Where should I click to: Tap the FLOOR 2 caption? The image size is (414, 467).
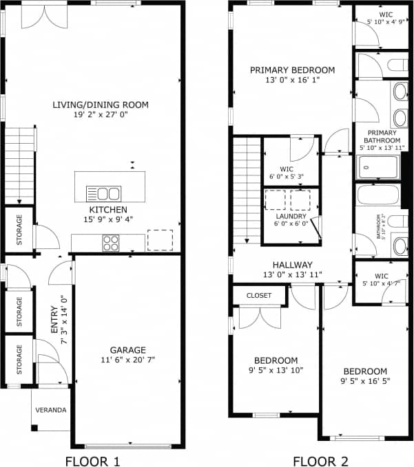(x=320, y=461)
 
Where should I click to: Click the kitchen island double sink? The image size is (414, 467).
(x=103, y=193)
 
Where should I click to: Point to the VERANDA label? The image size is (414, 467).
(x=52, y=411)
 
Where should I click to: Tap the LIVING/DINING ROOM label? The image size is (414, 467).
(x=101, y=105)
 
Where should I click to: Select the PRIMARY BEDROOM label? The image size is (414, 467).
(x=292, y=69)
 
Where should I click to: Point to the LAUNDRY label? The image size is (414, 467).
(x=291, y=217)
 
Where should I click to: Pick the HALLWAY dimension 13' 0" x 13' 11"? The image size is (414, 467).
(x=292, y=275)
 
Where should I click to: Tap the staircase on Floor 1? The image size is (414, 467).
(x=20, y=165)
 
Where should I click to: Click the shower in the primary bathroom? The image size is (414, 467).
(x=378, y=167)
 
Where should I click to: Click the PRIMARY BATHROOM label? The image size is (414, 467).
(x=383, y=136)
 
